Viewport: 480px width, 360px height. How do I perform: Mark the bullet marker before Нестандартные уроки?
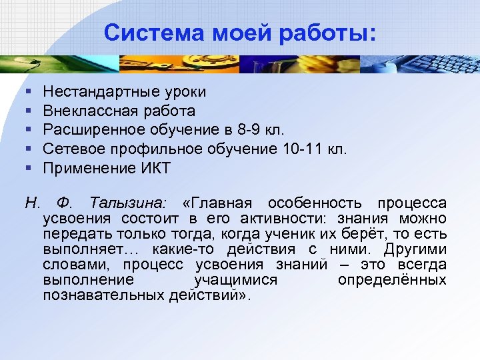(x=26, y=91)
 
